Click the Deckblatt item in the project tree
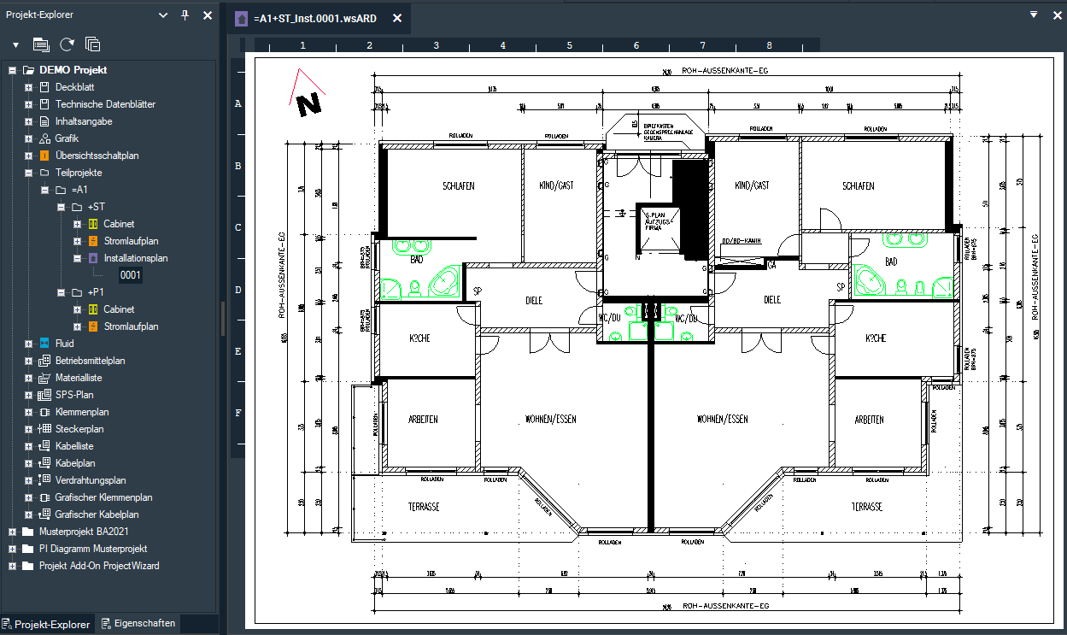coord(74,87)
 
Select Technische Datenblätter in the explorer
coord(105,104)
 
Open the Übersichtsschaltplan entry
coord(97,156)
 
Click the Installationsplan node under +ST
coord(135,258)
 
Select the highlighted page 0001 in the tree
coord(130,275)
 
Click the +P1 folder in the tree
coord(96,292)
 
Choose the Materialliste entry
coord(79,378)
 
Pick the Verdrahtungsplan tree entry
coord(90,480)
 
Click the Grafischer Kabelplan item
coord(97,514)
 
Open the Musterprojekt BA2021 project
coord(84,532)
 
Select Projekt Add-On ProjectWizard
coord(98,566)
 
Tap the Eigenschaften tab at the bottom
coord(144,624)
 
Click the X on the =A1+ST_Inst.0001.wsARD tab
coord(395,18)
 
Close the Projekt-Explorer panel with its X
coord(207,15)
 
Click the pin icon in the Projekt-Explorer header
coord(185,15)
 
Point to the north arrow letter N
coord(308,104)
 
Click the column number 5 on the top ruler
coord(569,45)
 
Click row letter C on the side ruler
coord(238,228)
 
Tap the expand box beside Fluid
coord(28,344)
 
